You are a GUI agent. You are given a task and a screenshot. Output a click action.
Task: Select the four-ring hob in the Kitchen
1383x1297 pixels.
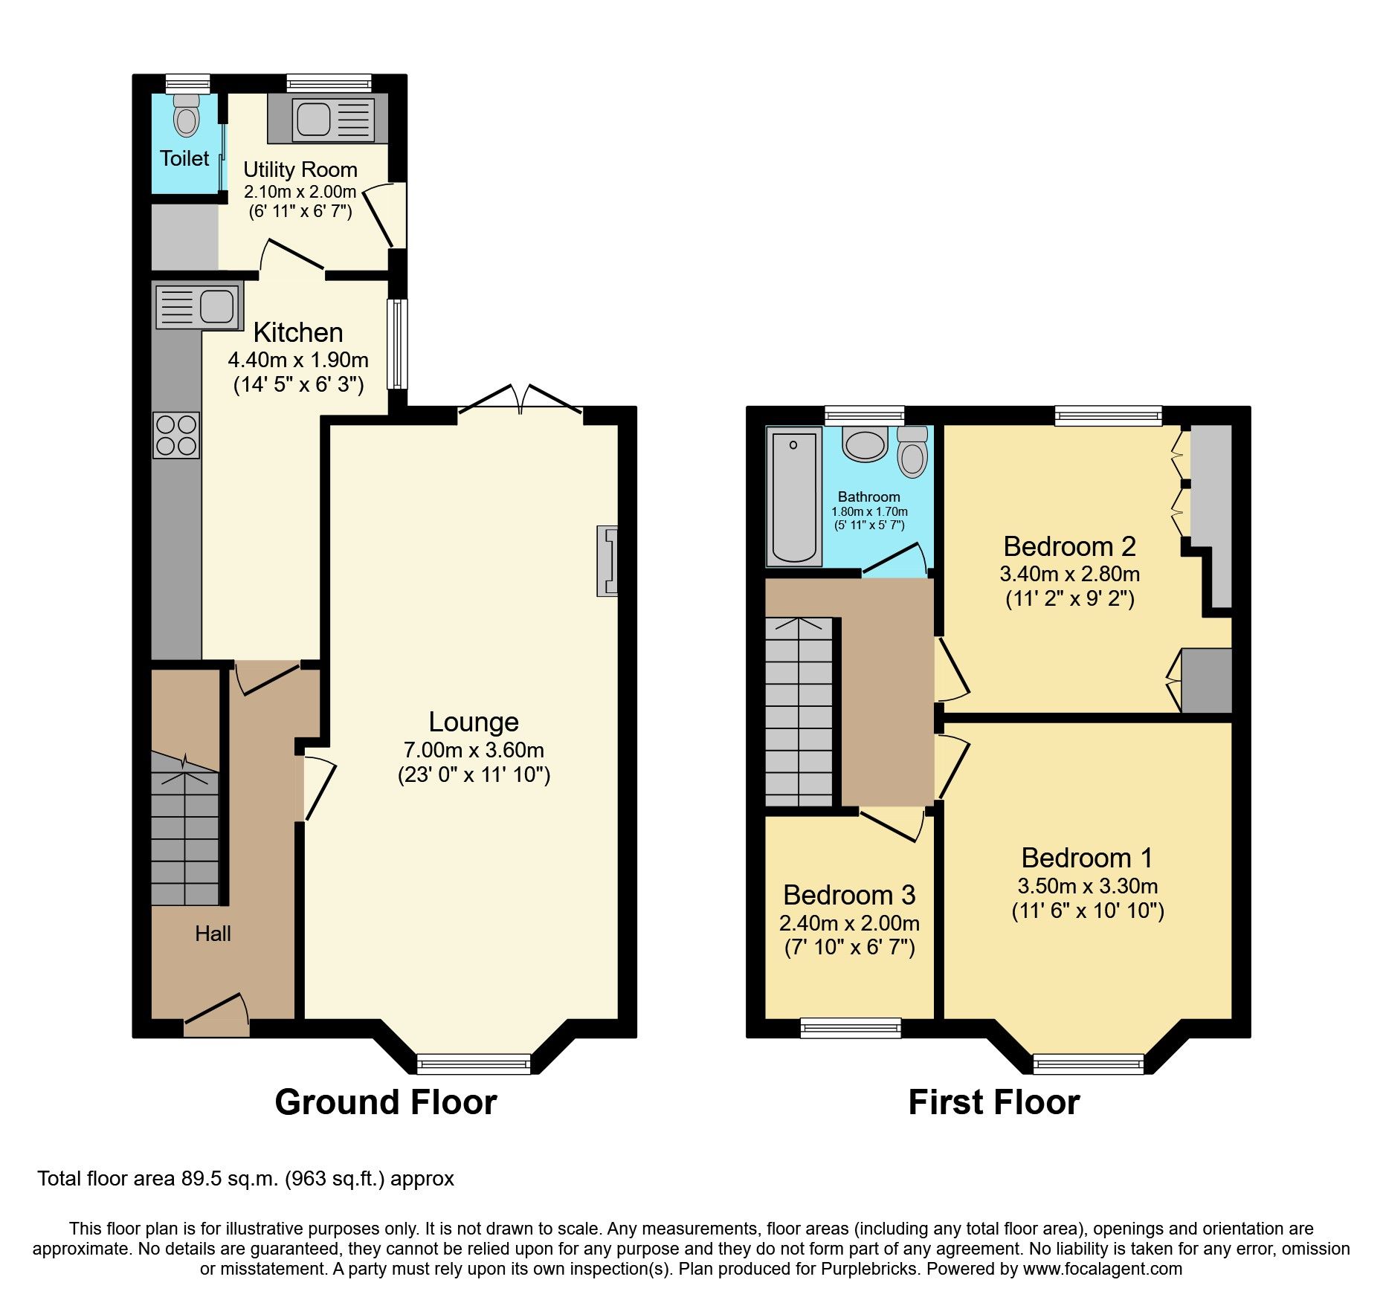[x=177, y=435]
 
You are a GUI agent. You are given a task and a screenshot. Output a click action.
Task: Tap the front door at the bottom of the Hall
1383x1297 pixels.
[x=216, y=1017]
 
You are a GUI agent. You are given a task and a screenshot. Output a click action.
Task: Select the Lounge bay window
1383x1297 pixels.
[x=474, y=1064]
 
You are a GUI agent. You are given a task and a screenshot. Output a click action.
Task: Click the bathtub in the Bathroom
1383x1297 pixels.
[x=794, y=496]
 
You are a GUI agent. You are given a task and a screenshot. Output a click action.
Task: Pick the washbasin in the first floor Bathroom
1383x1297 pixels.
[x=865, y=444]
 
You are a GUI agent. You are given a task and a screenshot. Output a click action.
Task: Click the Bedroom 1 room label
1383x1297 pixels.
[x=1087, y=858]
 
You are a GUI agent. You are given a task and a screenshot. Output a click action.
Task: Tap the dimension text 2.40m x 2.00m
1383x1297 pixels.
[x=849, y=923]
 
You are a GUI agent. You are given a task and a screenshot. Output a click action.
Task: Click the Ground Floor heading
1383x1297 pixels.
[x=385, y=1102]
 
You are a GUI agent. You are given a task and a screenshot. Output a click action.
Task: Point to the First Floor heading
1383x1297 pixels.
[x=993, y=1102]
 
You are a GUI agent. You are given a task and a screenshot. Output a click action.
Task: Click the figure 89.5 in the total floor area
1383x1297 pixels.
[x=198, y=1179]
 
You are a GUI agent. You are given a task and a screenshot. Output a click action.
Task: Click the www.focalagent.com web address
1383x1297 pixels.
[x=1102, y=1269]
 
